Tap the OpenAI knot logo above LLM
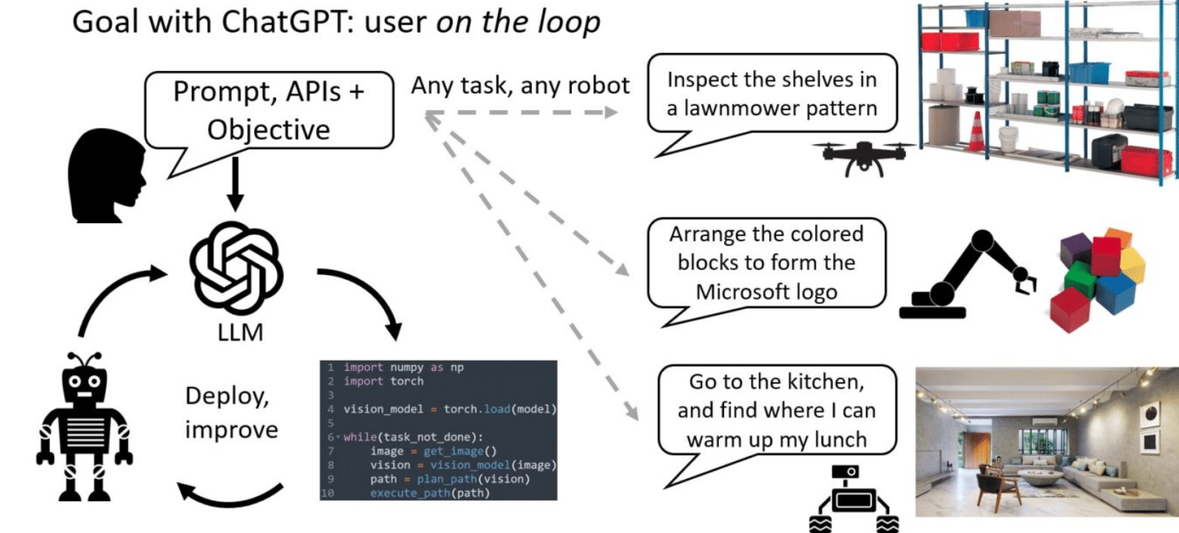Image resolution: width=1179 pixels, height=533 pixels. click(x=237, y=267)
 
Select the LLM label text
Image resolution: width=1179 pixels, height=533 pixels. click(x=240, y=332)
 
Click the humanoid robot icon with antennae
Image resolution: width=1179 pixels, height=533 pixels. click(x=84, y=427)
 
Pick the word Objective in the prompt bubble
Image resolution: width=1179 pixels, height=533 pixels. click(x=268, y=130)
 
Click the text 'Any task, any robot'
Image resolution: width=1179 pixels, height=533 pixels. click(x=520, y=85)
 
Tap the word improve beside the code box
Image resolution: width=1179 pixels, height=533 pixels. click(x=231, y=429)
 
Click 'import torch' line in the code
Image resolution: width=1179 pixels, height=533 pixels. click(x=383, y=381)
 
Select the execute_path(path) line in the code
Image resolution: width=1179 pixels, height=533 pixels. click(x=429, y=492)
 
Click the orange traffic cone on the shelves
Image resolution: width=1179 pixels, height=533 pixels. click(x=977, y=133)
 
